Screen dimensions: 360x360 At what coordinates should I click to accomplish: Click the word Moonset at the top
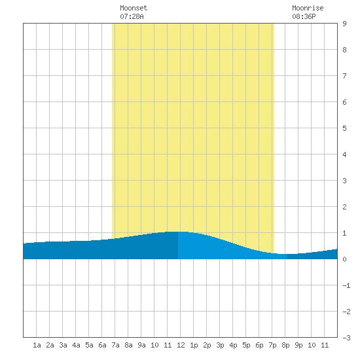[134, 8]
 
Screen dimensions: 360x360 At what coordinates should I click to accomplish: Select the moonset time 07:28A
[132, 16]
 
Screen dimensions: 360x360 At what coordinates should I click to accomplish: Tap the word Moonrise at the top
[308, 8]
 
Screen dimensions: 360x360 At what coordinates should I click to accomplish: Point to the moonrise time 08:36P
[304, 16]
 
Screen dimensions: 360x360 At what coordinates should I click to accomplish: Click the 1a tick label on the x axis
[37, 345]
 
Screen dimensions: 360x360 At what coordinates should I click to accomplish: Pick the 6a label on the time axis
[102, 345]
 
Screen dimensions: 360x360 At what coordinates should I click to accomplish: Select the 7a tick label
[115, 345]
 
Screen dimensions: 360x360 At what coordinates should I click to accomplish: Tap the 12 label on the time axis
[181, 345]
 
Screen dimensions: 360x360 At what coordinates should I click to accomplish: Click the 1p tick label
[194, 345]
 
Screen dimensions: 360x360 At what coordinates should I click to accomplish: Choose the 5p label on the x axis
[246, 345]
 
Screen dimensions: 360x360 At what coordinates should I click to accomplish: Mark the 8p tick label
[285, 345]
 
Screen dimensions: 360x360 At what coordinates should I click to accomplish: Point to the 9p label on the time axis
[298, 345]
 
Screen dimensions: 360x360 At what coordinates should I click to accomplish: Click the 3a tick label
[63, 345]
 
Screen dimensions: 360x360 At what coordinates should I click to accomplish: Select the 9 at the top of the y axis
[344, 24]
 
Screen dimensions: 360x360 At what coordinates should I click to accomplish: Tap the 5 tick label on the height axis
[344, 128]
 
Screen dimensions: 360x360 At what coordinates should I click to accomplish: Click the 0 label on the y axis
[344, 259]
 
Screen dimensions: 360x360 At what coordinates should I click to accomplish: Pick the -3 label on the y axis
[346, 338]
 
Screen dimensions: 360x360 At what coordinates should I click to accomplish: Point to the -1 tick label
[346, 285]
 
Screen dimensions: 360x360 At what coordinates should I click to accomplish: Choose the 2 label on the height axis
[344, 207]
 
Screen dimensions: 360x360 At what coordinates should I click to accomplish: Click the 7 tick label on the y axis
[344, 76]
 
